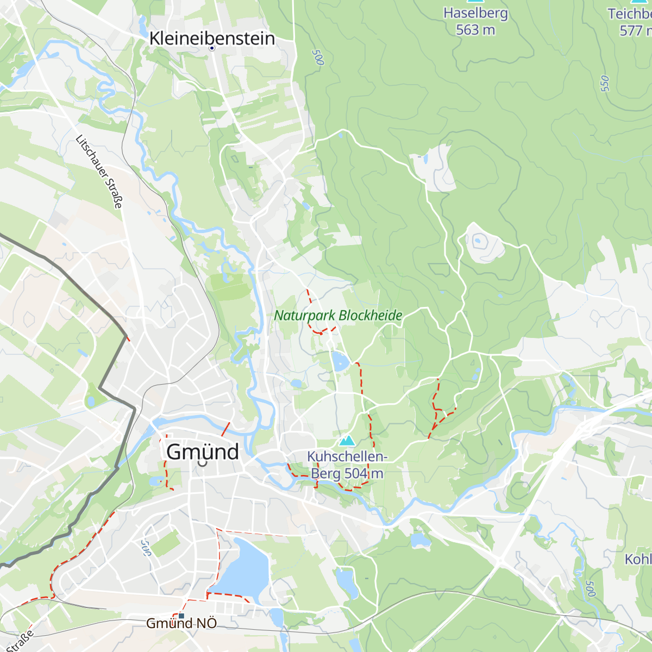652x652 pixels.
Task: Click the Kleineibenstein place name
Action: click(212, 38)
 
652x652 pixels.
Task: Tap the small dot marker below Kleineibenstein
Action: click(212, 48)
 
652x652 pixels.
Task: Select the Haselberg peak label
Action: click(475, 13)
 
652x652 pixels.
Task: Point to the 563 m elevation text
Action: click(475, 30)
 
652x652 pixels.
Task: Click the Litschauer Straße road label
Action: click(99, 172)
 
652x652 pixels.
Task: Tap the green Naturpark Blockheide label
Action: click(338, 316)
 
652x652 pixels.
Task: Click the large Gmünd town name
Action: click(202, 452)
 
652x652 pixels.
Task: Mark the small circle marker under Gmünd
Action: click(203, 465)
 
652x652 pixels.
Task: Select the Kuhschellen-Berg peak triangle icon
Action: click(346, 440)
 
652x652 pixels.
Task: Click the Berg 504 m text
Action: click(347, 474)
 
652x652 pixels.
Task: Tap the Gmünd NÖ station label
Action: click(181, 624)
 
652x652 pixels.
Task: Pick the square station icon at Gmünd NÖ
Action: click(181, 616)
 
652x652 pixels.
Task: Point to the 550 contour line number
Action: click(605, 83)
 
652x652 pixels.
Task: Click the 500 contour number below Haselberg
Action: click(317, 58)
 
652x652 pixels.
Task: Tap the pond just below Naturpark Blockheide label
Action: click(341, 361)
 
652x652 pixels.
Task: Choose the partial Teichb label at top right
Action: click(630, 14)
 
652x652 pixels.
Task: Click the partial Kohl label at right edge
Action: click(638, 559)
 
